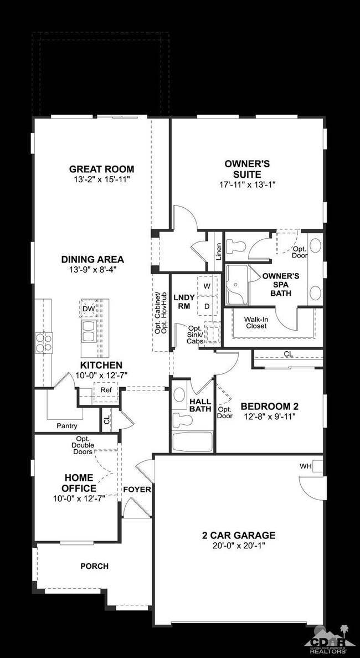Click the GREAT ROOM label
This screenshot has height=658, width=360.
[x=102, y=169]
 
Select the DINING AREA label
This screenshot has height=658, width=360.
[x=92, y=259]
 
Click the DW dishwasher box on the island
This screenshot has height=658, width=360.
[x=89, y=309]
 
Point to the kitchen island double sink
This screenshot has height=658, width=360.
[x=89, y=332]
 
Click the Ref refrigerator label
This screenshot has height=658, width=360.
[x=105, y=390]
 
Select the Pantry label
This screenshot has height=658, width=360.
[x=67, y=426]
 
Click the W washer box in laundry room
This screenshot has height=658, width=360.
[x=207, y=286]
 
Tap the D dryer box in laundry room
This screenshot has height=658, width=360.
[x=207, y=306]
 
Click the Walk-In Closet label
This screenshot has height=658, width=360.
[x=256, y=322]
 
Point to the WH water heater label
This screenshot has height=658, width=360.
[x=305, y=466]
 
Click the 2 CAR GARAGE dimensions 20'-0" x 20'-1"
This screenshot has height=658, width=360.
[x=239, y=546]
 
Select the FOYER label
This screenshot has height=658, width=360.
[x=137, y=489]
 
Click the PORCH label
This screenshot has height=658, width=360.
[x=94, y=566]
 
